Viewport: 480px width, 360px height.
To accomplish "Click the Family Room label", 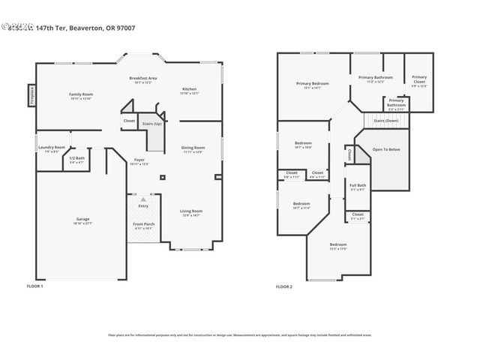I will click(x=81, y=94).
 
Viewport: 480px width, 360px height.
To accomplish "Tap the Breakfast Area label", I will click(x=142, y=79).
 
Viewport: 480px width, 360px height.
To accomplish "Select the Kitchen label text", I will click(x=189, y=90).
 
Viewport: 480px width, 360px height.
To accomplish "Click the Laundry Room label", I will click(x=52, y=148).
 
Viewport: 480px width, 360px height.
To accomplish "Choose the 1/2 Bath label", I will click(x=77, y=158).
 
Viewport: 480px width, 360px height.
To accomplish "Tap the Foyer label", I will click(x=140, y=160).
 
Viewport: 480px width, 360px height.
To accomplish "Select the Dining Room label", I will click(x=193, y=148).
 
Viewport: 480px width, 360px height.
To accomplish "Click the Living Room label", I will click(x=191, y=211).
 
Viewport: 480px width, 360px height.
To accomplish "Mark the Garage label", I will click(x=82, y=220).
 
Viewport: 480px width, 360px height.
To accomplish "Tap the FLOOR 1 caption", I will click(x=35, y=286).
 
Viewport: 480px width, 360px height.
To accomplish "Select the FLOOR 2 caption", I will click(x=283, y=286).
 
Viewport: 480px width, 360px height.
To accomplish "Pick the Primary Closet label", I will click(x=418, y=79).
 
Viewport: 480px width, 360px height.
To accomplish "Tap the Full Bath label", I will click(x=358, y=186).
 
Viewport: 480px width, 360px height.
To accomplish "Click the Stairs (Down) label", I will click(x=386, y=120).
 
